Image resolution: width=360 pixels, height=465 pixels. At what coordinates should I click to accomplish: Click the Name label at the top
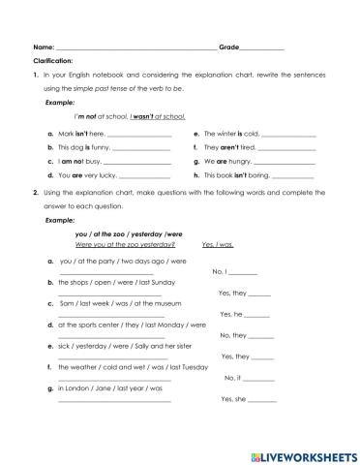click(44, 46)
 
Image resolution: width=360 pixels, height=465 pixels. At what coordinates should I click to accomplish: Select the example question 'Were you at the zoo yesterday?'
click(117, 245)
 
